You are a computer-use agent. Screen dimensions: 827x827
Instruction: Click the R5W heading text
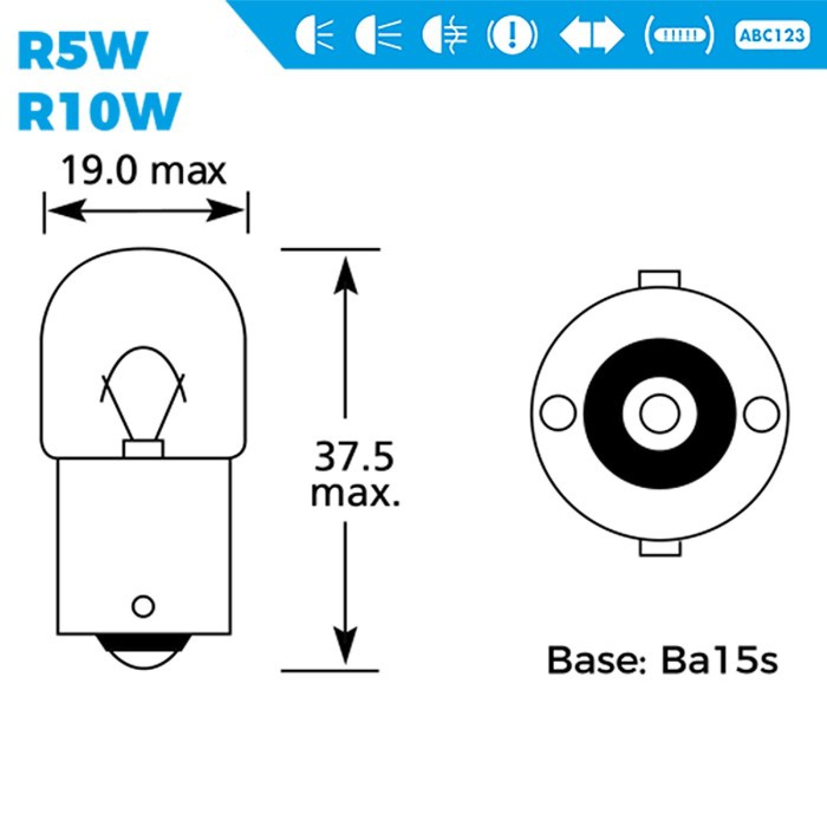point(83,51)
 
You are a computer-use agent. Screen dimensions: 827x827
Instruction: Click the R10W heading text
point(99,111)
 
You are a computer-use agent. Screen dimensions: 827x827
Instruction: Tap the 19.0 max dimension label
point(143,170)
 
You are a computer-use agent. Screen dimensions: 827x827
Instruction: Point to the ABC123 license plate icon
point(772,36)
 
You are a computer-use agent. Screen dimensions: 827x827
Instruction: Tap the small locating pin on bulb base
point(143,606)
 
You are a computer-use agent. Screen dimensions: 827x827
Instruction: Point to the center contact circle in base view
point(660,413)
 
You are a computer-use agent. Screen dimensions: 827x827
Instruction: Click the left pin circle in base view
point(559,413)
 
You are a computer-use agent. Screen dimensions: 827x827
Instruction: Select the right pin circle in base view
point(762,413)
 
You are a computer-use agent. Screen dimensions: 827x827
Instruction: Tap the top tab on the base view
point(659,279)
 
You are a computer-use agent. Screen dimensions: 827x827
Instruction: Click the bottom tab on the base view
point(660,548)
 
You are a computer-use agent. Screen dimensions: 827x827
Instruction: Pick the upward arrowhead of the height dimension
point(346,276)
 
